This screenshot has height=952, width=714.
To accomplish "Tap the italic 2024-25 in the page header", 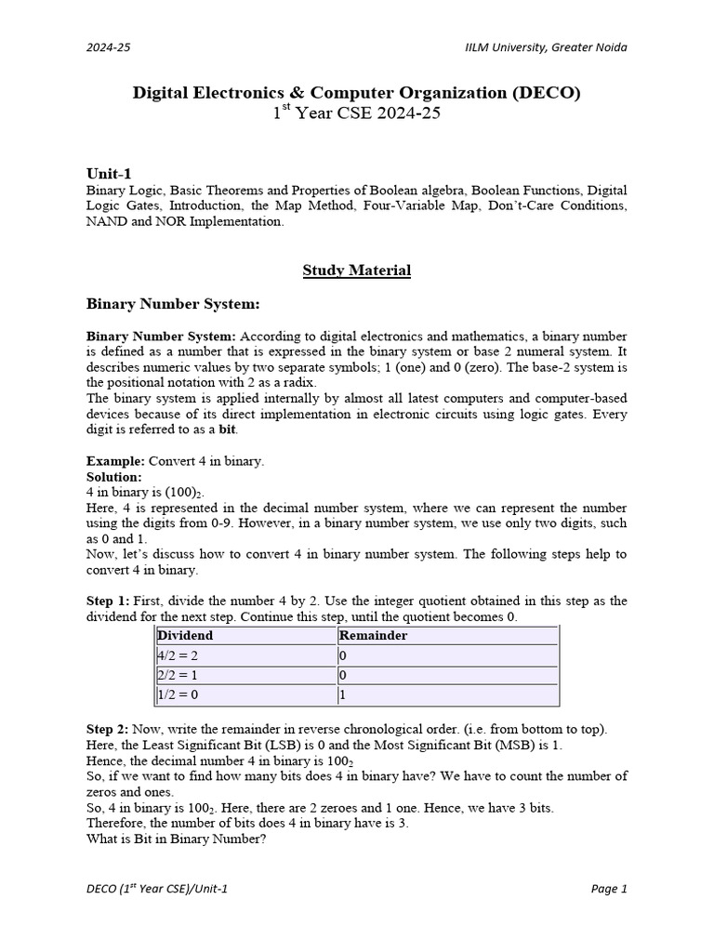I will [108, 47].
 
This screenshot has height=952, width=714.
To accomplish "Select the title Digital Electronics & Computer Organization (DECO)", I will [356, 92].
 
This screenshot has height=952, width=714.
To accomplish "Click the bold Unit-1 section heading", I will [109, 174].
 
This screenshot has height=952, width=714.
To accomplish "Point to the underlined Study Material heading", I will [356, 271].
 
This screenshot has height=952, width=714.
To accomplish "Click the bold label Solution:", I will [114, 477].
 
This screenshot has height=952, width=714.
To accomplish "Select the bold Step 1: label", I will [110, 601].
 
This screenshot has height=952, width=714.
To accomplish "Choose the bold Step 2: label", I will [110, 729].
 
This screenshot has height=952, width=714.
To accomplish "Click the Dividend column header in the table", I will [185, 636].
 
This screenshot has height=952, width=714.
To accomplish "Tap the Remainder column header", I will [374, 636].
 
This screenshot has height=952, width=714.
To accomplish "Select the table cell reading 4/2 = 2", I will [178, 655].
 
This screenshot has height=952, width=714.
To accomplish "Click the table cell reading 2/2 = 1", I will [178, 675].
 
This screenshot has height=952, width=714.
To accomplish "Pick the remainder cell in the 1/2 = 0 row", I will [343, 694].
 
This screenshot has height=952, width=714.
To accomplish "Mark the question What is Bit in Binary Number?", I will [177, 839].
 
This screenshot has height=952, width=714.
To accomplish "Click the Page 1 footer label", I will [609, 889].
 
